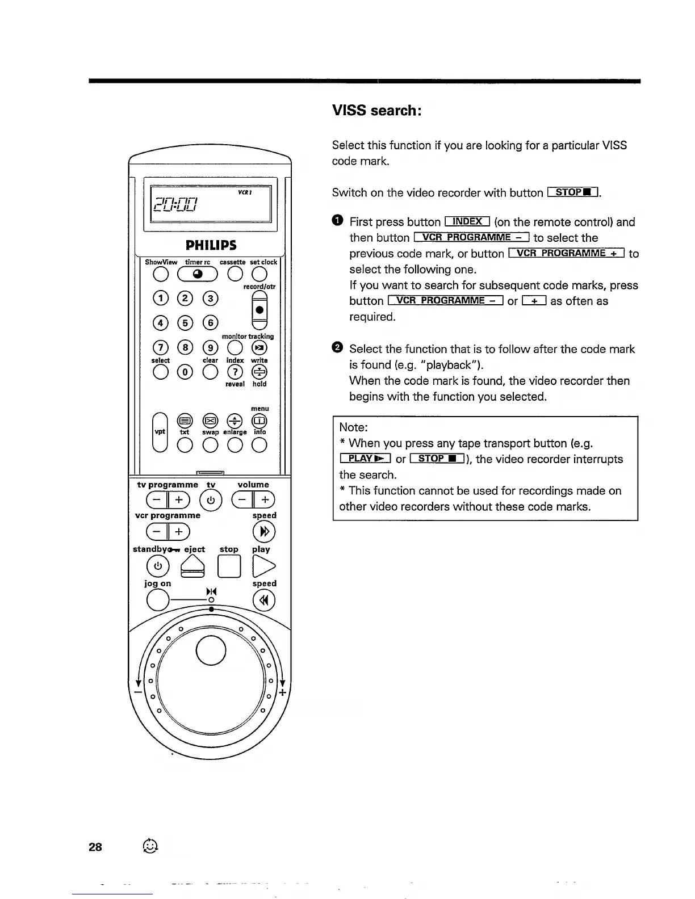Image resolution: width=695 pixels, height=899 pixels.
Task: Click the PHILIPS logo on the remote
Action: click(211, 245)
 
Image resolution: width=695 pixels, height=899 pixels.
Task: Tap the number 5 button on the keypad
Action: click(185, 322)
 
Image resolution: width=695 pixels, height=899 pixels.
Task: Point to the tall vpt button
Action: click(160, 431)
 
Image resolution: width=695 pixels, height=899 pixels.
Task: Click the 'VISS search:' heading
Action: click(376, 110)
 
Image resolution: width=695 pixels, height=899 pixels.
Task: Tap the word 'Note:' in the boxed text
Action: click(354, 427)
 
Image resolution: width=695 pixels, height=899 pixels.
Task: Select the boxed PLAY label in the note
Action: click(365, 459)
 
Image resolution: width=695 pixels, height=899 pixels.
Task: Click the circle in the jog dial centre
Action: click(211, 648)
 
